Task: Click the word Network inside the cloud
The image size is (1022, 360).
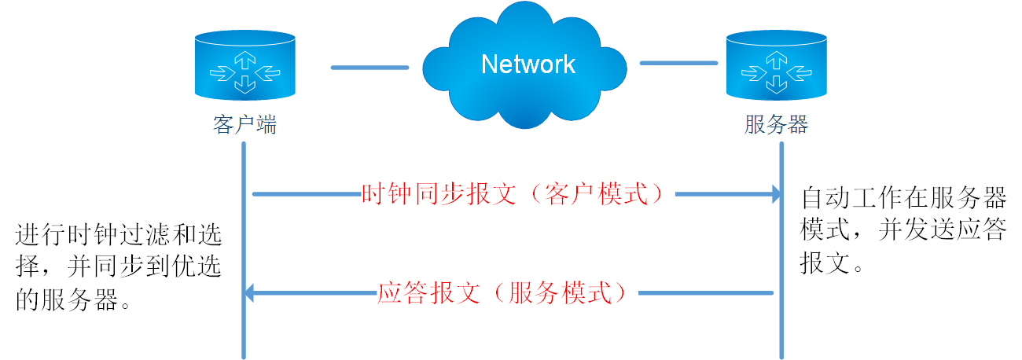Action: (528, 64)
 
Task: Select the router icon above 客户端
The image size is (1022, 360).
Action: (244, 67)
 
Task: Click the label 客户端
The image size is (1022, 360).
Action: (244, 126)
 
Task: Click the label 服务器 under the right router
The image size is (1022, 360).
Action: (775, 126)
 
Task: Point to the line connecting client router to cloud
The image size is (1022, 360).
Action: (369, 67)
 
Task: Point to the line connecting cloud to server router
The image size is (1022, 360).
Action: (678, 63)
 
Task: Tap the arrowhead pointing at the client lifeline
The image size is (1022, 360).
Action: (249, 294)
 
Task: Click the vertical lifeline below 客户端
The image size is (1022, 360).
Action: (244, 236)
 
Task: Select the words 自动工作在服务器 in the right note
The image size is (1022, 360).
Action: (903, 196)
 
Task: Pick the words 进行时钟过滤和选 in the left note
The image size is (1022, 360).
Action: (118, 234)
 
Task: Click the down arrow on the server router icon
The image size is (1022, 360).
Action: (775, 82)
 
